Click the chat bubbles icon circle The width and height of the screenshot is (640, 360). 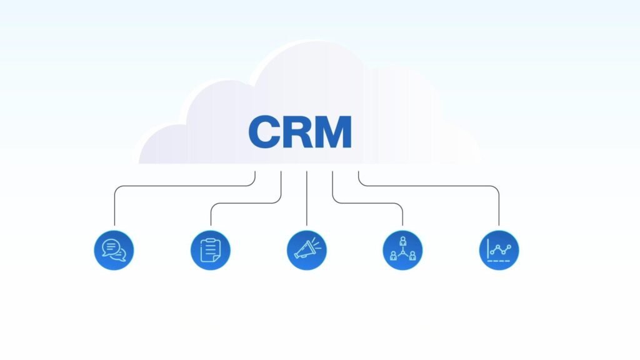[114, 250]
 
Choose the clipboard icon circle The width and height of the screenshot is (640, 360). [211, 250]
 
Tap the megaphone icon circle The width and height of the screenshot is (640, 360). [307, 250]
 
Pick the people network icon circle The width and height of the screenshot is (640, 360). [402, 250]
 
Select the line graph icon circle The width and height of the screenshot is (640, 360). [499, 250]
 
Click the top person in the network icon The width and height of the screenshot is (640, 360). [402, 241]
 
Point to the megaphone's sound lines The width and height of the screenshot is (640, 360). [319, 242]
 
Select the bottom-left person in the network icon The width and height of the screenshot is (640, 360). [394, 255]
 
